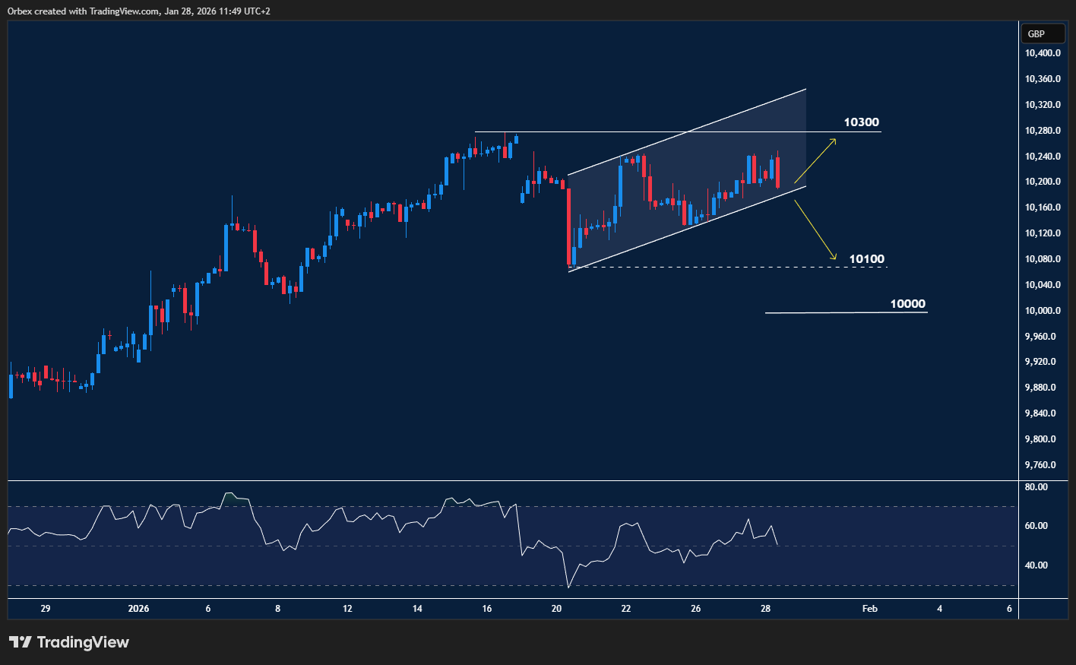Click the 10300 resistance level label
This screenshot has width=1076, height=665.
click(x=861, y=122)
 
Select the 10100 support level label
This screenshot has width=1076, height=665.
click(x=866, y=259)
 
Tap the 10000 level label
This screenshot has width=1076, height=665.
click(x=907, y=304)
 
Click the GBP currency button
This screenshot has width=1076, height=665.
click(x=1036, y=33)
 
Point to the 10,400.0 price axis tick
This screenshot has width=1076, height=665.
click(x=1043, y=53)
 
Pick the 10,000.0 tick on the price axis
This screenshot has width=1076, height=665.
click(x=1043, y=311)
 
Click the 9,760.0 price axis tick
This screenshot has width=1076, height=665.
click(x=1040, y=465)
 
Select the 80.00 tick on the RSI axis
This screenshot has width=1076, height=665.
click(x=1036, y=487)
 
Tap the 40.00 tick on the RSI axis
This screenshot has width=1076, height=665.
click(x=1036, y=565)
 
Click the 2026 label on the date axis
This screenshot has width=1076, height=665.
click(x=139, y=609)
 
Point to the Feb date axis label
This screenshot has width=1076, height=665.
click(x=870, y=609)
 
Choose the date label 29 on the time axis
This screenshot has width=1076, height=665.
click(x=46, y=609)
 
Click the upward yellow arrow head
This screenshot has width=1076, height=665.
click(x=834, y=141)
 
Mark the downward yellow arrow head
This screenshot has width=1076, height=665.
click(x=834, y=257)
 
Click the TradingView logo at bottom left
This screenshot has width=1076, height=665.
click(x=69, y=642)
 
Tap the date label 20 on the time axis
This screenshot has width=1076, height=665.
click(x=556, y=609)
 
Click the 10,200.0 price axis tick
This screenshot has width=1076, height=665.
click(x=1043, y=182)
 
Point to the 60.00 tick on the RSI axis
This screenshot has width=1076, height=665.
click(x=1036, y=526)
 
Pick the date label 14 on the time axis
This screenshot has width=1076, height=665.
click(x=417, y=609)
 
